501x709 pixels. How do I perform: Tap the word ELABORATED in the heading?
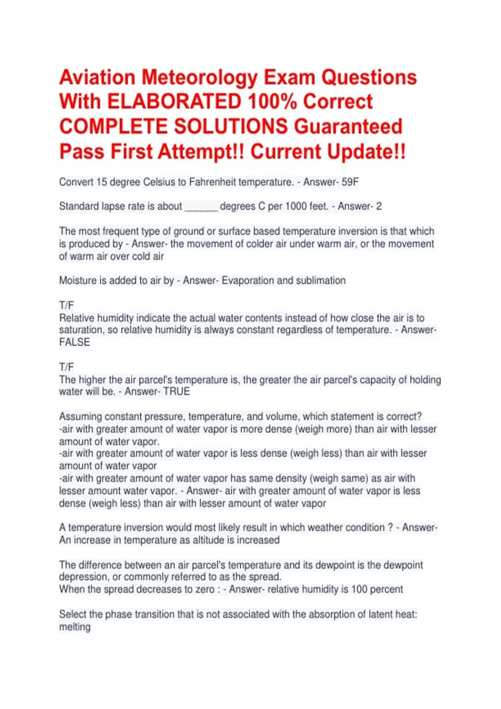pos(175,102)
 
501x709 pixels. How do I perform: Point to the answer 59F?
pos(350,182)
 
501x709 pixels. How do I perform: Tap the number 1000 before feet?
pos(296,206)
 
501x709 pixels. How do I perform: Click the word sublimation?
pos(321,281)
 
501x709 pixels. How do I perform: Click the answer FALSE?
pos(75,342)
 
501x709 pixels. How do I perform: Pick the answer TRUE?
pos(177,392)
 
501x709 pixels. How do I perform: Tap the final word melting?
pos(75,627)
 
